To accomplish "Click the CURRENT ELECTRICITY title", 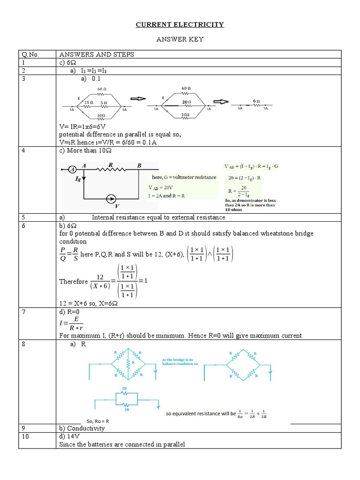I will (180, 24).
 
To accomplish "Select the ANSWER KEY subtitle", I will (180, 39).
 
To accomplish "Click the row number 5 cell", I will (22, 217).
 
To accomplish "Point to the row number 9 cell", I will (22, 428).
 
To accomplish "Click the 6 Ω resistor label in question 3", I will (256, 101).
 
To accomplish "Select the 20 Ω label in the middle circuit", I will (186, 101).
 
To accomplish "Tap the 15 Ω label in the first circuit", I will (88, 102).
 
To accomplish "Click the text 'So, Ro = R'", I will (97, 420).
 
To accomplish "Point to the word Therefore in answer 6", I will (74, 282).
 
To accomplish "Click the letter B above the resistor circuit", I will (139, 165).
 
